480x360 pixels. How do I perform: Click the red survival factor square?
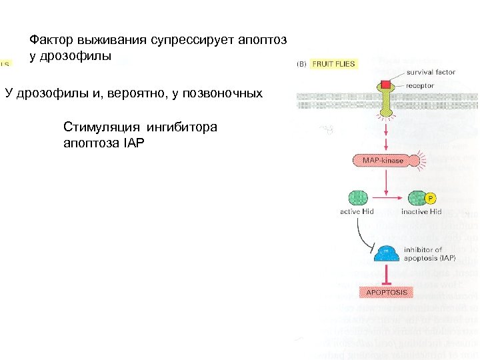386,85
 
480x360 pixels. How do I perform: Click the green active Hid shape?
358,198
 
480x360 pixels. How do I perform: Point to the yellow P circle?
431,198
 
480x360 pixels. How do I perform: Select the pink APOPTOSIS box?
387,292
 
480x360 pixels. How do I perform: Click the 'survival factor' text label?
431,72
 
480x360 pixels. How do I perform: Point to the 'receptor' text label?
421,85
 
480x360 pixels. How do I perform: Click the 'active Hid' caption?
357,212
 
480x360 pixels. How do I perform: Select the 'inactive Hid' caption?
421,212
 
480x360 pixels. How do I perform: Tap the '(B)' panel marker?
301,64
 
